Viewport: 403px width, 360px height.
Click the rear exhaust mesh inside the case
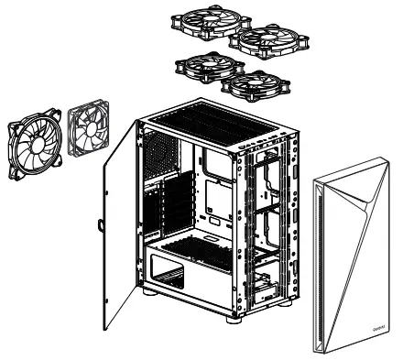[x=159, y=152]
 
